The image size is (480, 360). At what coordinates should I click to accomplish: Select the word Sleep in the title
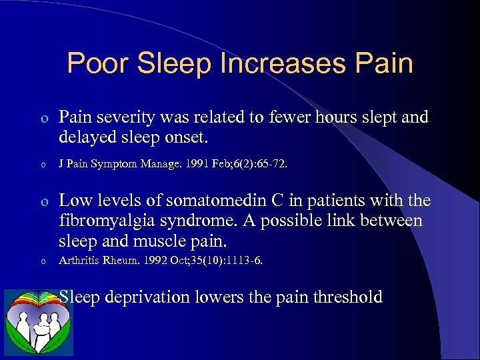(171, 64)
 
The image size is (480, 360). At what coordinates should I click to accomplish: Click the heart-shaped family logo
(38, 323)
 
